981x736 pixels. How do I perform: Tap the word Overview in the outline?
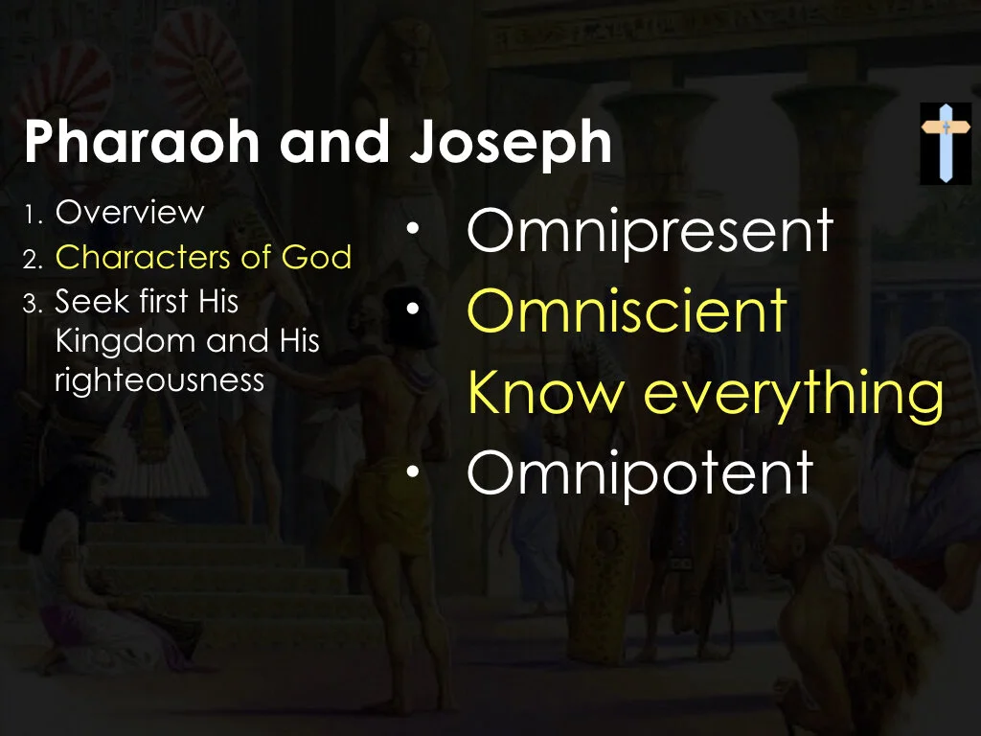pos(129,212)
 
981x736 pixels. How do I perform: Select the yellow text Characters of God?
pos(203,257)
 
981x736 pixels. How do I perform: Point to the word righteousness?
pos(159,379)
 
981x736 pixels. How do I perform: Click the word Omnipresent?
pos(650,233)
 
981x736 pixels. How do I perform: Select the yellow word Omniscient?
pos(627,311)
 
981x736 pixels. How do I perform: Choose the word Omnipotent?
pos(640,472)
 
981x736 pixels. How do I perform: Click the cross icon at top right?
pos(946,143)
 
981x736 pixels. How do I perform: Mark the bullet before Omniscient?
pos(412,310)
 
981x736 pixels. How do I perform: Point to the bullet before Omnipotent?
pos(412,471)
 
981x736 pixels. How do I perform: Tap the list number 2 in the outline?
pos(33,259)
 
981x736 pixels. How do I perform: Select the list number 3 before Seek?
pos(33,304)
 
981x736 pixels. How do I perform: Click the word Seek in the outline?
pos(82,302)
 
